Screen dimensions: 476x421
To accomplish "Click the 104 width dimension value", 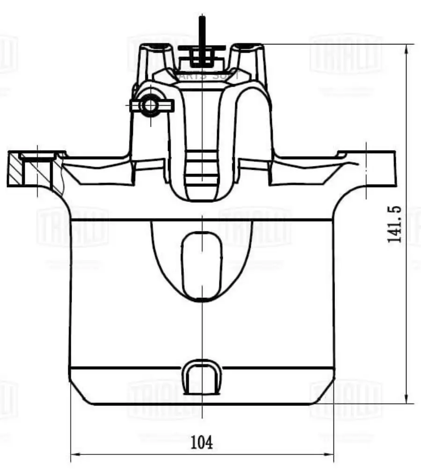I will [x=202, y=441].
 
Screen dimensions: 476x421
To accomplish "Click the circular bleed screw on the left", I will [x=150, y=105].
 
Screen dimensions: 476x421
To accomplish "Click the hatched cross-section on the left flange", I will [x=15, y=169].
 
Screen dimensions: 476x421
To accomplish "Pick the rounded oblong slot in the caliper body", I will [x=201, y=265].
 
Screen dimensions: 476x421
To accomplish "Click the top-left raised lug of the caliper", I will [x=155, y=56].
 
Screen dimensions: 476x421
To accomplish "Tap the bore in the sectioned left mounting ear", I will [x=37, y=171].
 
